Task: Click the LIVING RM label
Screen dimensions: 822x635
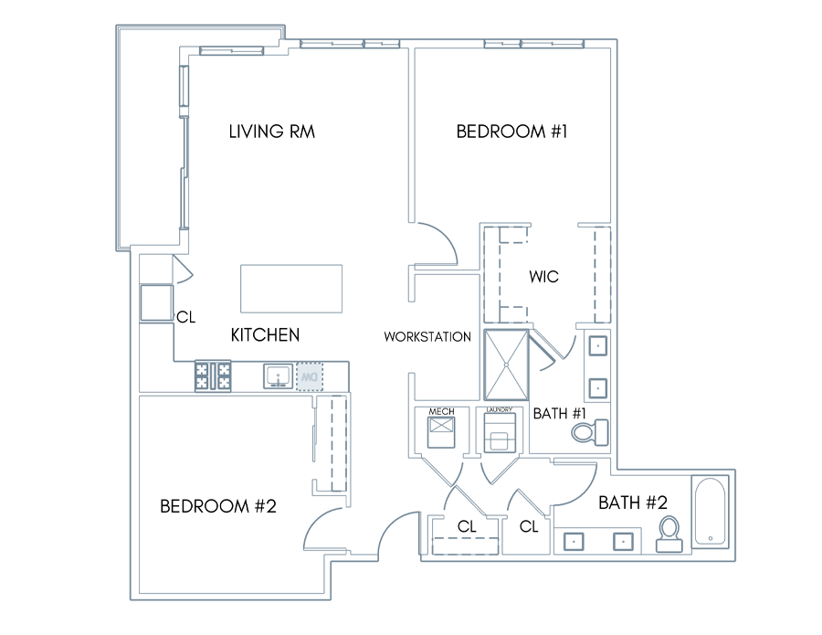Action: [x=271, y=131]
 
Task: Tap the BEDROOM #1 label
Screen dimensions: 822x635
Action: [x=511, y=131]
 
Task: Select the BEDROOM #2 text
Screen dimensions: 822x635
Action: [x=217, y=506]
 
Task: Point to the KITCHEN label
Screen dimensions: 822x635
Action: [x=265, y=334]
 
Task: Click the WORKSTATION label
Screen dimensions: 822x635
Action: [x=427, y=336]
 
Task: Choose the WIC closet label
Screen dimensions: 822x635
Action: [x=543, y=276]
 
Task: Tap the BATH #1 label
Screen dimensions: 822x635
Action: [x=559, y=413]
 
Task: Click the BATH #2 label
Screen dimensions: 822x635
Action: [x=633, y=503]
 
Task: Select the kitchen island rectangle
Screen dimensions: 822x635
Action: [x=291, y=289]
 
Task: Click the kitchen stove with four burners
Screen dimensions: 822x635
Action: [x=213, y=376]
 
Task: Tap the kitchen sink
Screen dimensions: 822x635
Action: [x=278, y=376]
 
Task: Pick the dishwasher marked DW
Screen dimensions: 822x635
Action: [x=310, y=376]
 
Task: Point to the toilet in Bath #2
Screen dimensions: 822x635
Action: [x=669, y=534]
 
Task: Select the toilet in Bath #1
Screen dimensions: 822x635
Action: [x=590, y=432]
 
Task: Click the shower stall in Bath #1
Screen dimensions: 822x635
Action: [x=506, y=365]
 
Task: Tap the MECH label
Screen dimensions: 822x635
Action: [x=441, y=412]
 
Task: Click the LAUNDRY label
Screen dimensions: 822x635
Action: [x=499, y=410]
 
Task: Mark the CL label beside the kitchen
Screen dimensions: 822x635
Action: [x=186, y=317]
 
